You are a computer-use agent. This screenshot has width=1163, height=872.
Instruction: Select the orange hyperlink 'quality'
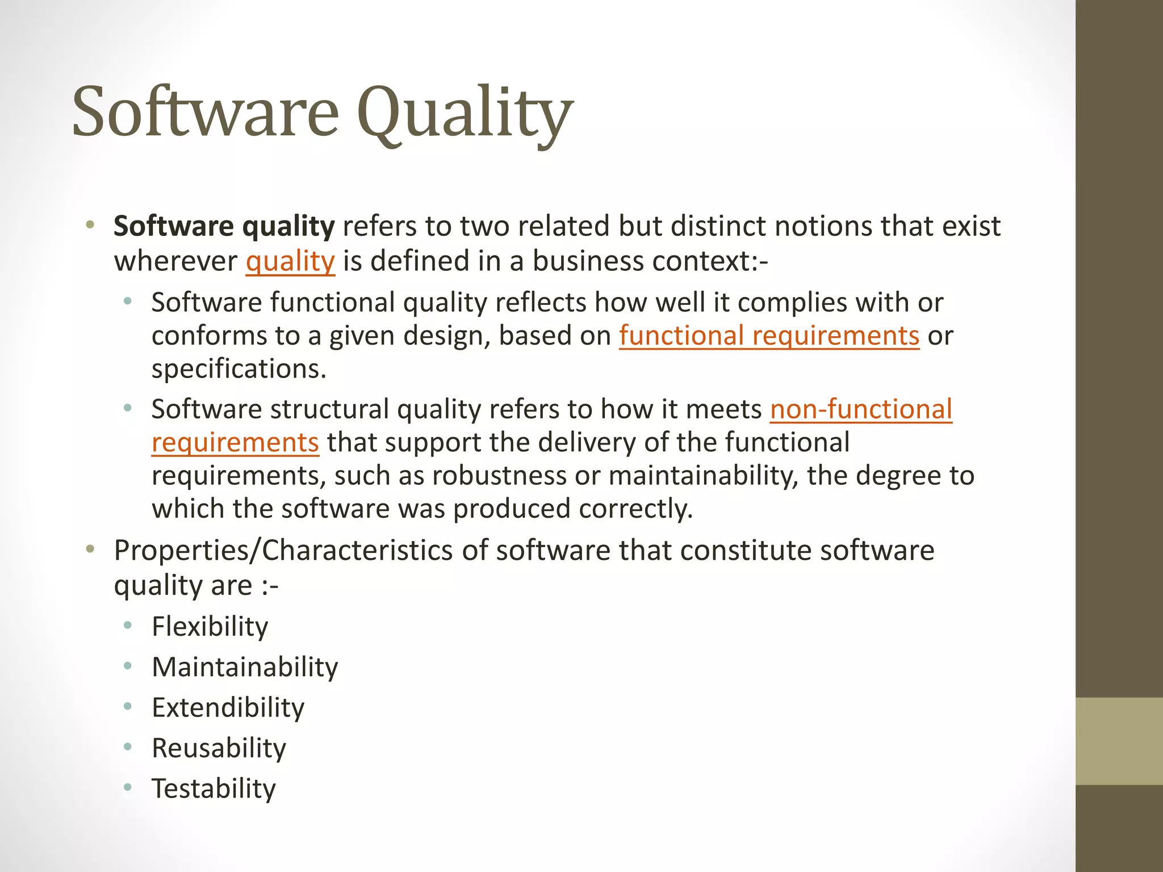[290, 262]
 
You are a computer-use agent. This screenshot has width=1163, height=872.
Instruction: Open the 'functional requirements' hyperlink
[769, 336]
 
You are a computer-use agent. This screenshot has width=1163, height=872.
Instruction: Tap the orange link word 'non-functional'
[861, 409]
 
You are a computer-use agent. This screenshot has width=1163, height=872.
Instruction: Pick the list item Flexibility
[210, 627]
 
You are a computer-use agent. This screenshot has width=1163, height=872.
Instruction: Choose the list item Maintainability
[245, 667]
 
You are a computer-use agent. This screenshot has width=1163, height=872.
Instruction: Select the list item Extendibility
[228, 708]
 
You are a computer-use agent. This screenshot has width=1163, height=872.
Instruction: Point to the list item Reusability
[219, 748]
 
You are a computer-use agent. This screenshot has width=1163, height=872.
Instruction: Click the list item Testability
[214, 789]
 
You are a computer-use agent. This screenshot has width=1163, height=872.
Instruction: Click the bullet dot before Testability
[128, 787]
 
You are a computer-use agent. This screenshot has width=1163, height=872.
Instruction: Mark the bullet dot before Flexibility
[128, 626]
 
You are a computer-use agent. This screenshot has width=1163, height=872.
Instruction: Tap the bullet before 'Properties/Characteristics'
[90, 550]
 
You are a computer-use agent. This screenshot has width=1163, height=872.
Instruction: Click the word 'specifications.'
[239, 369]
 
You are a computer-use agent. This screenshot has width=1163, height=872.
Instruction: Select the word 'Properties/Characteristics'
[283, 551]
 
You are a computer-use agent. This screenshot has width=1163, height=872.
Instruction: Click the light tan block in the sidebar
[1119, 741]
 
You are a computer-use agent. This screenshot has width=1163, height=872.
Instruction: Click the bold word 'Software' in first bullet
[173, 227]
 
